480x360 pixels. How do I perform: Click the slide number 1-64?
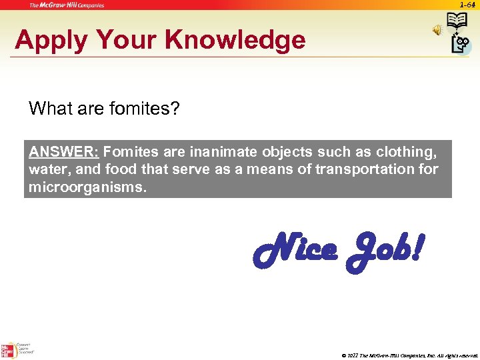[x=467, y=5]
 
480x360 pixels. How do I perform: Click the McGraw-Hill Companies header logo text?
[x=67, y=5]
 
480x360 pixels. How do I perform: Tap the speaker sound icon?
[x=437, y=30]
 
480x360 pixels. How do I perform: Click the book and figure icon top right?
[x=459, y=32]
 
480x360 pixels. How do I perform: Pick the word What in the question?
[x=49, y=108]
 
